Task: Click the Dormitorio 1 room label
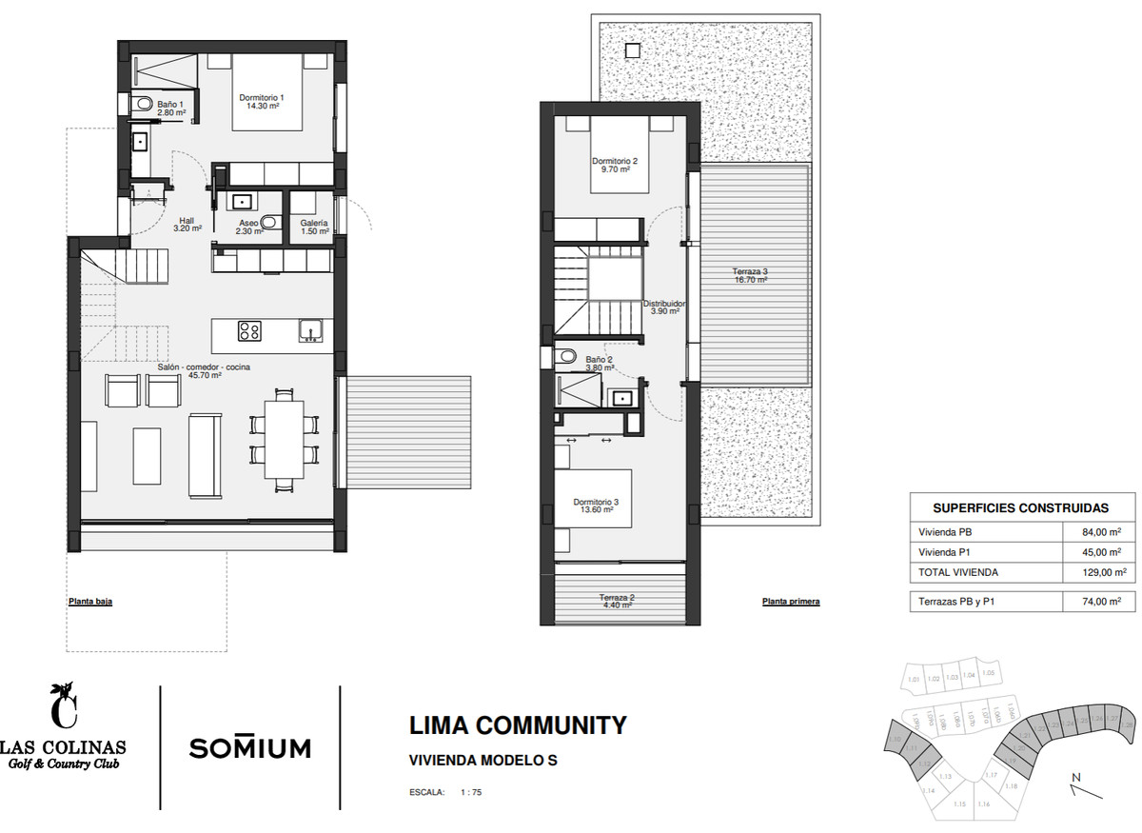point(262,102)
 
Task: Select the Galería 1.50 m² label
point(314,227)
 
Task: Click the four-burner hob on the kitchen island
point(249,331)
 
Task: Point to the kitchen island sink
point(310,330)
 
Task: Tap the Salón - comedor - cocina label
point(205,370)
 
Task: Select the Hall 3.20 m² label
point(187,224)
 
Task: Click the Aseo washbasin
point(242,202)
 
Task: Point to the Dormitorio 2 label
point(614,166)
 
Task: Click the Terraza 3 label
point(750,275)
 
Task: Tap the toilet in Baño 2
point(568,356)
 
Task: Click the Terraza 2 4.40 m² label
point(617,601)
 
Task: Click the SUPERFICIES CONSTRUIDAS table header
point(1020,508)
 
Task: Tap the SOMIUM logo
point(249,747)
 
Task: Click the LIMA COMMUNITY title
point(518,725)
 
